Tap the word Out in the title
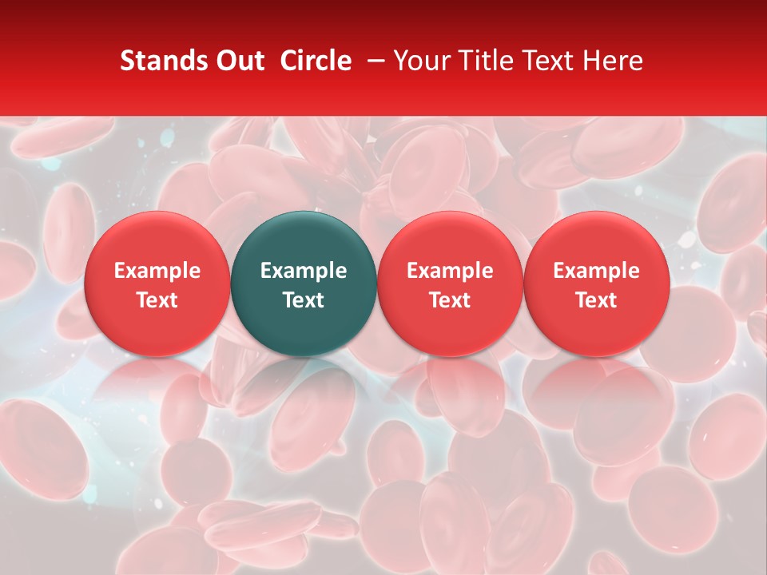click(x=238, y=61)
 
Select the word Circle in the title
click(x=316, y=61)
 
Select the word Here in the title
click(x=613, y=61)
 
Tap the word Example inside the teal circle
click(x=304, y=271)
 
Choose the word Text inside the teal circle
click(x=304, y=300)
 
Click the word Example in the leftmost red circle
click(x=157, y=271)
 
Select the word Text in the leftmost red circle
click(x=157, y=300)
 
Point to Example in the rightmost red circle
click(x=596, y=271)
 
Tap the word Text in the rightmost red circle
click(x=596, y=300)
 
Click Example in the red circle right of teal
click(x=450, y=271)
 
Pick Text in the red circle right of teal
click(x=450, y=300)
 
